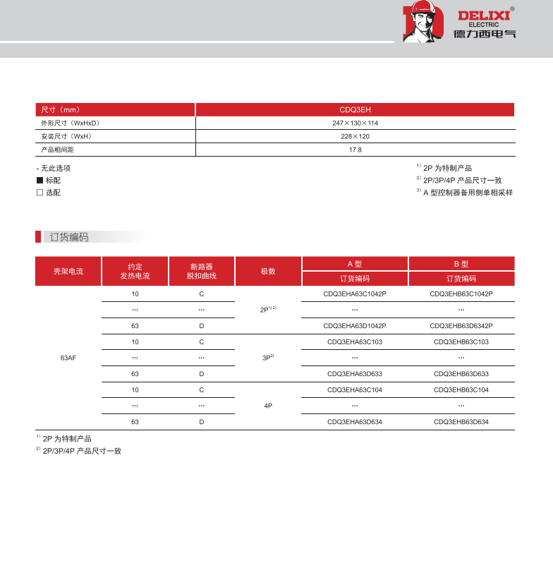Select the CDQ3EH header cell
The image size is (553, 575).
(355, 110)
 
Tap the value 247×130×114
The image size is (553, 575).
(355, 123)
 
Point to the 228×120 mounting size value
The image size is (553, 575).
(355, 137)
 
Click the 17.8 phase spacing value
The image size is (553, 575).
(355, 150)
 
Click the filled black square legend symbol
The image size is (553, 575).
(40, 181)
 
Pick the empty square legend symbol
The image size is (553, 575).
(40, 193)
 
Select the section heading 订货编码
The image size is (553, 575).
(69, 237)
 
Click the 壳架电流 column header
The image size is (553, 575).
(68, 271)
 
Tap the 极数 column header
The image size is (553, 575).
(268, 271)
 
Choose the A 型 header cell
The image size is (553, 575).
(354, 263)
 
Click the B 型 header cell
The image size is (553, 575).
(461, 263)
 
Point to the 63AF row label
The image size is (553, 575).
(68, 358)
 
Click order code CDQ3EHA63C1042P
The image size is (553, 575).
(354, 293)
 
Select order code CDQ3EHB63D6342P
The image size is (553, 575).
(461, 326)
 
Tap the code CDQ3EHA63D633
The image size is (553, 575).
(354, 374)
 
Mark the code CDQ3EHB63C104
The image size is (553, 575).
(461, 390)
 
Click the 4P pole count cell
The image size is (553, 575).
(268, 406)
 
